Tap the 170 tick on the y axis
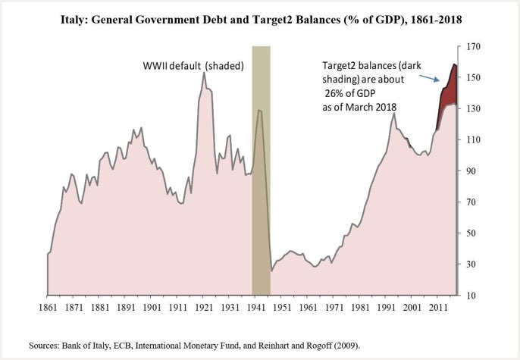[x=474, y=47]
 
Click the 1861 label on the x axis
[x=47, y=308]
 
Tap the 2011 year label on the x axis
[x=437, y=308]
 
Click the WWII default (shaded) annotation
[x=193, y=65]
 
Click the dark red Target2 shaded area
[x=449, y=89]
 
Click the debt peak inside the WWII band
[x=259, y=111]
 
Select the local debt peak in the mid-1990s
[x=394, y=114]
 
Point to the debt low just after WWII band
[x=272, y=270]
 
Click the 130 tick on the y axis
[x=474, y=109]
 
